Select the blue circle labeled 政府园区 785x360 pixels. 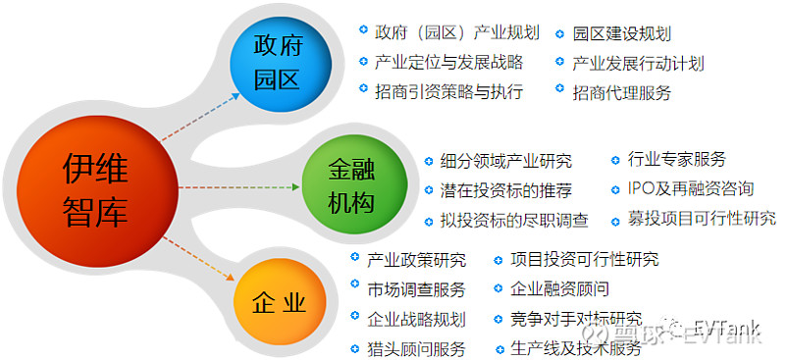[278, 62]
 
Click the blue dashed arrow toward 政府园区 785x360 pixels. [200, 117]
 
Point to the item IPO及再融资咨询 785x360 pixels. [691, 188]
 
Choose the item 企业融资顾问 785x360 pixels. [559, 289]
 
